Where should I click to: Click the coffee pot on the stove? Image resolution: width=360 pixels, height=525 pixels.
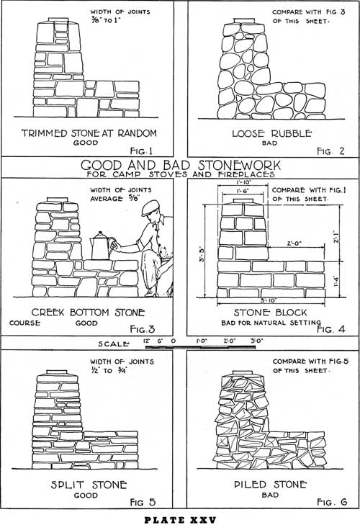(101, 246)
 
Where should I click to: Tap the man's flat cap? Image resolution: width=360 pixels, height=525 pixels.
(150, 208)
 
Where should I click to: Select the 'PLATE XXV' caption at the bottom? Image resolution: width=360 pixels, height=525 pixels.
(180, 520)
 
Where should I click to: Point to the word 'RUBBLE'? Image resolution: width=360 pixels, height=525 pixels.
(292, 134)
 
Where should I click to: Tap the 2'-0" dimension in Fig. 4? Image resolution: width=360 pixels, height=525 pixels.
(294, 243)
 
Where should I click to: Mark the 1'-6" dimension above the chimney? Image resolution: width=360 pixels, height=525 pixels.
(243, 191)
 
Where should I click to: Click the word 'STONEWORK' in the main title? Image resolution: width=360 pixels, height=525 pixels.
(239, 165)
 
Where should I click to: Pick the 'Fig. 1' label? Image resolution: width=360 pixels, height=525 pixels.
(141, 151)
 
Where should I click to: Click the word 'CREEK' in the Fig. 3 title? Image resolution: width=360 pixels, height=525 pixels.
(48, 313)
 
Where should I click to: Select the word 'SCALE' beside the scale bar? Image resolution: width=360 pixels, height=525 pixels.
(113, 344)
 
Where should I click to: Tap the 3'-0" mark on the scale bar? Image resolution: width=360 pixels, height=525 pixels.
(257, 341)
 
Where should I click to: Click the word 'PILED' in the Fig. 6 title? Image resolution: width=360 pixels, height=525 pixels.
(250, 485)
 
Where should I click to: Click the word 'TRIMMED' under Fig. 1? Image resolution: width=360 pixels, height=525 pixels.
(45, 133)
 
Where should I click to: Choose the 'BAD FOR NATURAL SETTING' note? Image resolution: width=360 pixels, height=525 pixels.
(271, 323)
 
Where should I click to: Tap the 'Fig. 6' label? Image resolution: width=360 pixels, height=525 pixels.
(332, 502)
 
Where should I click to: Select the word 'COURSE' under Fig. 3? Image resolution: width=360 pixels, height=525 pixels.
(24, 323)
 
